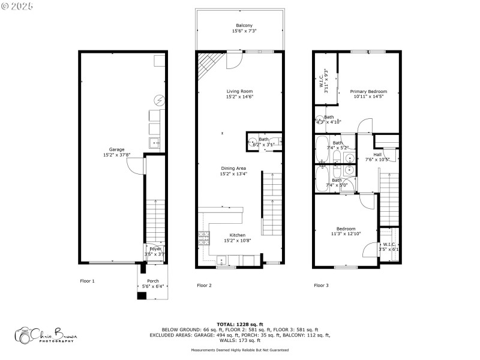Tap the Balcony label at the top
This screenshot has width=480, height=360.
pyautogui.click(x=244, y=25)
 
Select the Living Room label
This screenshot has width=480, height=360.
pyautogui.click(x=239, y=91)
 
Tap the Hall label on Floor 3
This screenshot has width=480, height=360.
pyautogui.click(x=377, y=154)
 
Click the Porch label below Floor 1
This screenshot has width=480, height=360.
pyautogui.click(x=153, y=281)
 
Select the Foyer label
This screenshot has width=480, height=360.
pyautogui.click(x=155, y=248)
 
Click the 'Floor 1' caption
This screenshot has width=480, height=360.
pyautogui.click(x=88, y=281)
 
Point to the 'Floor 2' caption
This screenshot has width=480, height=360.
pyautogui.click(x=205, y=285)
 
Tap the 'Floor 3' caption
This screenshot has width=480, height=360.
pyautogui.click(x=321, y=285)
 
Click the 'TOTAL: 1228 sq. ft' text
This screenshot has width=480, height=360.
pyautogui.click(x=239, y=324)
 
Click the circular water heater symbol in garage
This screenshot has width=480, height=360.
pyautogui.click(x=159, y=99)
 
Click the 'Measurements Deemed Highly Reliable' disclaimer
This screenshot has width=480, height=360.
pyautogui.click(x=239, y=350)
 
